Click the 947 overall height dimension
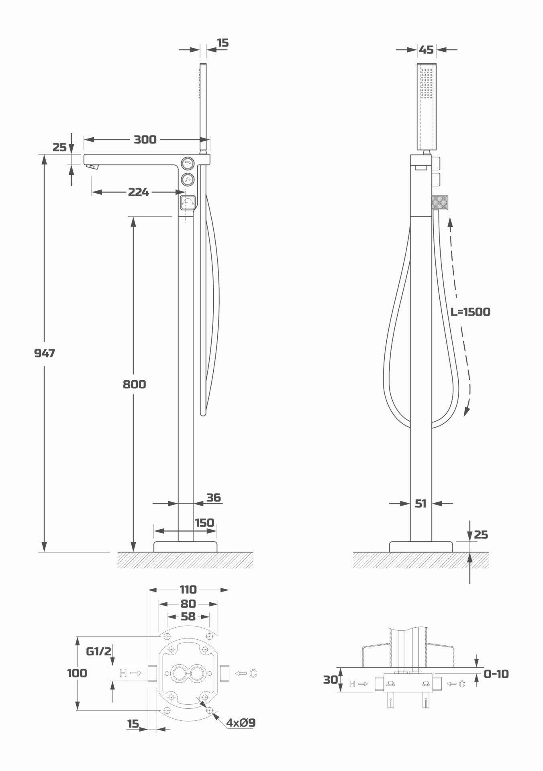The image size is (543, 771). pyautogui.click(x=44, y=353)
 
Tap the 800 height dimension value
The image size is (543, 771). pyautogui.click(x=134, y=384)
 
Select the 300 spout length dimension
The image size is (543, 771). pyautogui.click(x=145, y=139)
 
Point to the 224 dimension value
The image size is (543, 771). pyautogui.click(x=139, y=192)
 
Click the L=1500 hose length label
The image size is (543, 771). pyautogui.click(x=470, y=312)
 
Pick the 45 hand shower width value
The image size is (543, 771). pyautogui.click(x=426, y=49)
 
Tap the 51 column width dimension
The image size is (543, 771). pyautogui.click(x=421, y=503)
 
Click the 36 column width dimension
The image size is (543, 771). pyautogui.click(x=214, y=498)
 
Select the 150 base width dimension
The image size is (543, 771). pyautogui.click(x=204, y=522)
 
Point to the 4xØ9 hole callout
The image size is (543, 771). pyautogui.click(x=241, y=723)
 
